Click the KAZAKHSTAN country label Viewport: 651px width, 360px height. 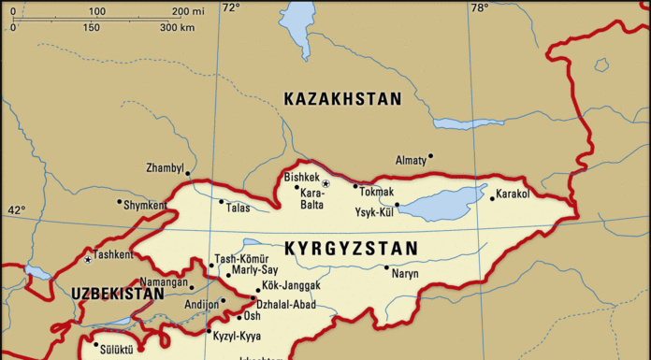[342, 98]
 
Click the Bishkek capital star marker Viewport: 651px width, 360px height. [325, 183]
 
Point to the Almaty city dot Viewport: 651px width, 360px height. [430, 156]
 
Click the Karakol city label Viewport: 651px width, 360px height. [513, 194]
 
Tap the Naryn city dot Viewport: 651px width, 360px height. [386, 267]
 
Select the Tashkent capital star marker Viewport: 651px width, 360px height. [88, 258]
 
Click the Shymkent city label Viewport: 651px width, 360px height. [145, 206]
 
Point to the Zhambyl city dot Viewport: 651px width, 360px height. [187, 173]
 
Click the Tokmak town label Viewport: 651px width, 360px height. [376, 191]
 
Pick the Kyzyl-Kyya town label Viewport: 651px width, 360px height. [238, 336]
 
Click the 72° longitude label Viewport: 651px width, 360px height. [230, 7]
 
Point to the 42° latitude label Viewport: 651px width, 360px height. [17, 210]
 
